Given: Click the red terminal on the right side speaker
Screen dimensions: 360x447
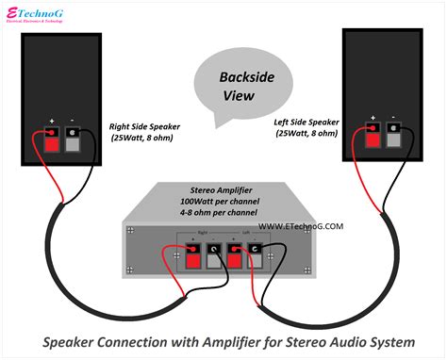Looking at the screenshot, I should click(x=55, y=138).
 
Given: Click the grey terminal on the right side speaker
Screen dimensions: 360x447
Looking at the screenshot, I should click(x=74, y=138).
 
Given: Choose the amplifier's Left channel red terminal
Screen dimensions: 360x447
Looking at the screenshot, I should click(x=255, y=254).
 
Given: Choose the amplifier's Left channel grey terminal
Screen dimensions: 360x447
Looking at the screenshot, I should click(x=274, y=254).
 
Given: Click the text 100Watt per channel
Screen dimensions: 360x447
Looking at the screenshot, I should click(x=223, y=202).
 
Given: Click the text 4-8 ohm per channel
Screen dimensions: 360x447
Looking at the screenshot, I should click(x=223, y=213).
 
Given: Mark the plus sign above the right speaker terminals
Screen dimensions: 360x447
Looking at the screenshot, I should click(x=54, y=121).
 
